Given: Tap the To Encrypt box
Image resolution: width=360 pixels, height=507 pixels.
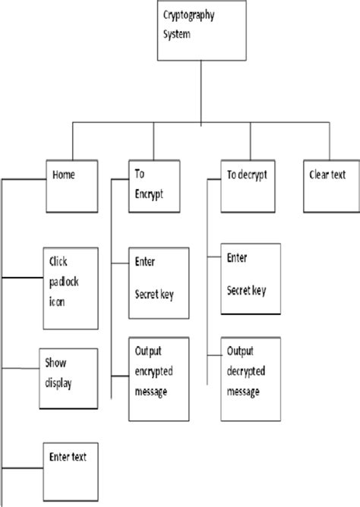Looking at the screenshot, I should pyautogui.click(x=156, y=187).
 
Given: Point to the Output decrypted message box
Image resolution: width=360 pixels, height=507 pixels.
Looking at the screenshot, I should pyautogui.click(x=252, y=377).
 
